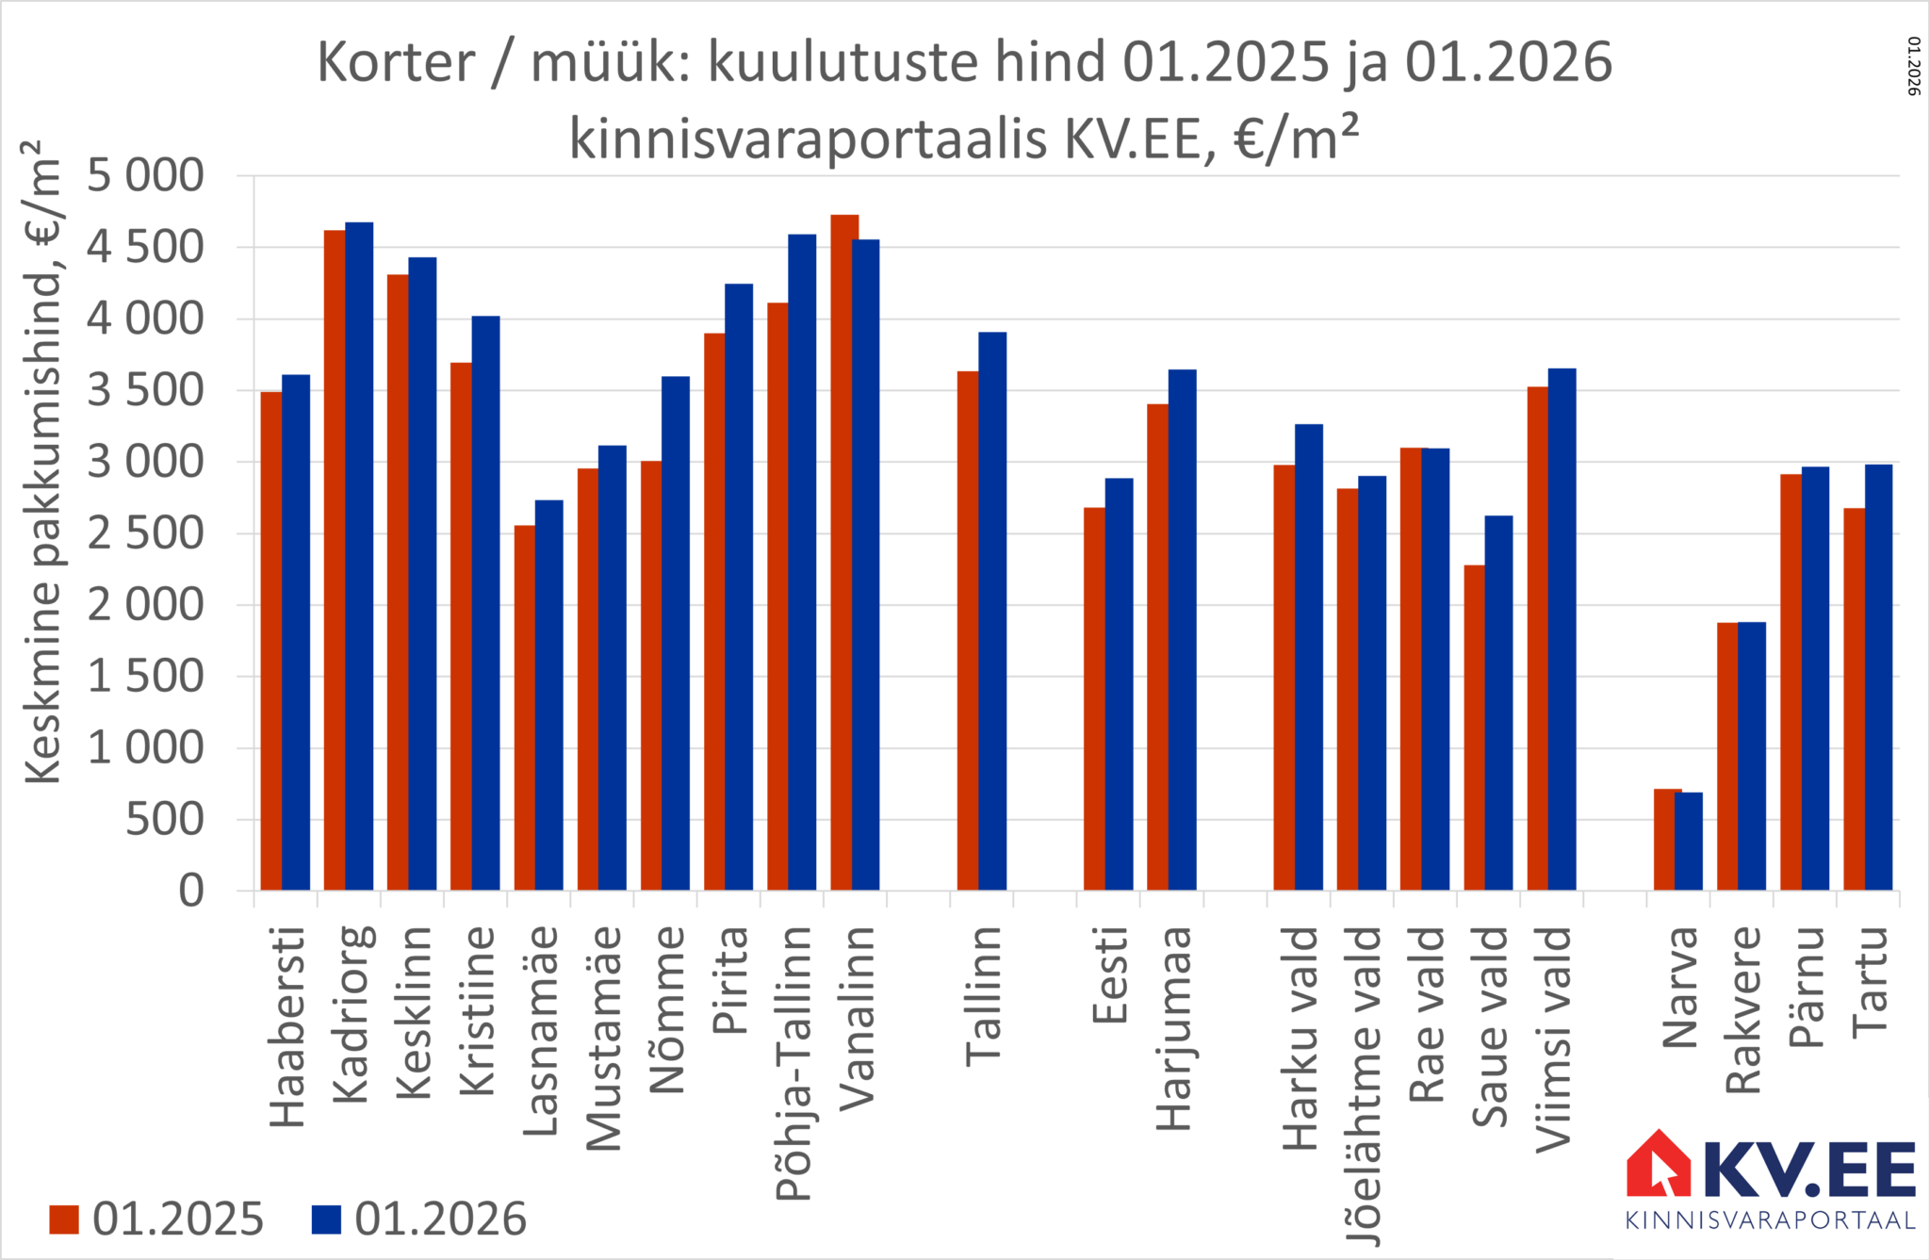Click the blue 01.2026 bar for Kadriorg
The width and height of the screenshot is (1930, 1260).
click(359, 556)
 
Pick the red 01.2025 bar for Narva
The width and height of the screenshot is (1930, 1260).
click(1666, 839)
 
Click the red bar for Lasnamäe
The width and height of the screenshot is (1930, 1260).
click(525, 707)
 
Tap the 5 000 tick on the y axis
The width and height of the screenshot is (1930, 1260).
click(145, 176)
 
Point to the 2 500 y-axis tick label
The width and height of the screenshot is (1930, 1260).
click(145, 534)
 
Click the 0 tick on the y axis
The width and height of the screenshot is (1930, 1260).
click(191, 891)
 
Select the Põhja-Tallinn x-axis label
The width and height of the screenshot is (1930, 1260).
click(793, 1063)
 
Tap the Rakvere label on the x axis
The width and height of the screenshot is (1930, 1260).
click(1743, 1010)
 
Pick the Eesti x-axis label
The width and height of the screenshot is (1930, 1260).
click(1110, 974)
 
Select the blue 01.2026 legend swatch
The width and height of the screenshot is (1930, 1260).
click(326, 1219)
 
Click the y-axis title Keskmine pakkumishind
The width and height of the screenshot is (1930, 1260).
click(43, 462)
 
